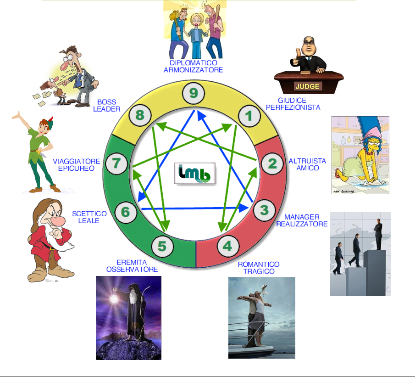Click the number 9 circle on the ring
194,94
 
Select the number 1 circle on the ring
249,116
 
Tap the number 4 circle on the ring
227,246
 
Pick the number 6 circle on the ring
125,212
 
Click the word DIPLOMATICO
193,63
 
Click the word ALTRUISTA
307,161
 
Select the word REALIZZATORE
302,224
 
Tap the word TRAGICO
259,271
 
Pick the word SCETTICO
89,214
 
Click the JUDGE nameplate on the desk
308,86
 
